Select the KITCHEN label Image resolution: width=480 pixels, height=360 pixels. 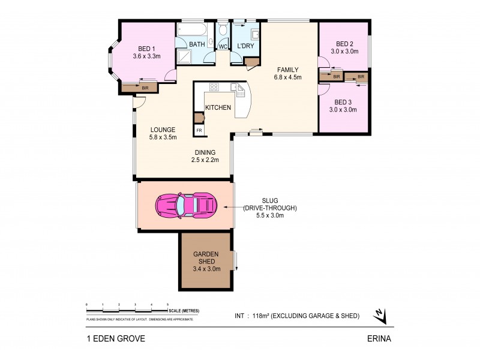[218, 107]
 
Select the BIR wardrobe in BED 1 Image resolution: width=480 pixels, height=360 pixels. [140, 88]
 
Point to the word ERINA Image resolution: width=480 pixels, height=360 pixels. [379, 338]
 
